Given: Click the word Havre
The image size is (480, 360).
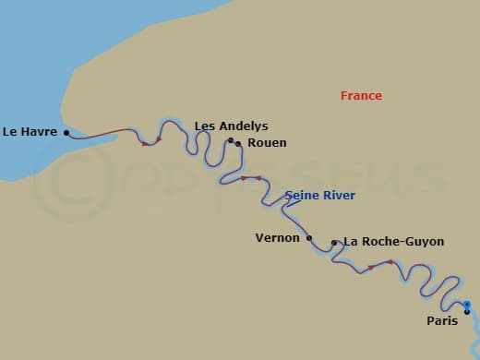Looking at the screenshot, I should click(x=41, y=132).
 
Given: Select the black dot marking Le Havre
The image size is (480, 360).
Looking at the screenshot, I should click(x=66, y=132).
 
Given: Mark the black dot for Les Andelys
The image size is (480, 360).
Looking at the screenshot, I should click(x=231, y=140).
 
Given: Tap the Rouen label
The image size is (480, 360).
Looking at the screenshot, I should click(x=266, y=143).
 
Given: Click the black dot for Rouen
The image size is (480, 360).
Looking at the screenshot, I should click(x=238, y=144).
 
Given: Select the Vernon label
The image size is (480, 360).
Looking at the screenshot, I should click(x=277, y=238).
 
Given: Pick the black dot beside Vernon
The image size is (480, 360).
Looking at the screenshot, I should click(x=309, y=238).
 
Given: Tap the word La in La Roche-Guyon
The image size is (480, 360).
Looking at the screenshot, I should click(x=351, y=242).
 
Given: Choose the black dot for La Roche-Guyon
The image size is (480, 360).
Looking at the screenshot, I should click(x=334, y=243).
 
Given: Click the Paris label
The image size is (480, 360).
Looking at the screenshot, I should click(x=441, y=321).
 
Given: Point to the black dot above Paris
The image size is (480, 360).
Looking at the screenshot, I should click(x=467, y=311).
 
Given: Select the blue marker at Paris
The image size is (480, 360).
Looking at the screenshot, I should click(x=467, y=305).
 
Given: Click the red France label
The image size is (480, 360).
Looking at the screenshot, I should click(x=361, y=96).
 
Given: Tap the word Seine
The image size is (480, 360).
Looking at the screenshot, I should click(x=302, y=196).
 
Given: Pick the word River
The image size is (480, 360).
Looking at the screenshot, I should click(x=339, y=196).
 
